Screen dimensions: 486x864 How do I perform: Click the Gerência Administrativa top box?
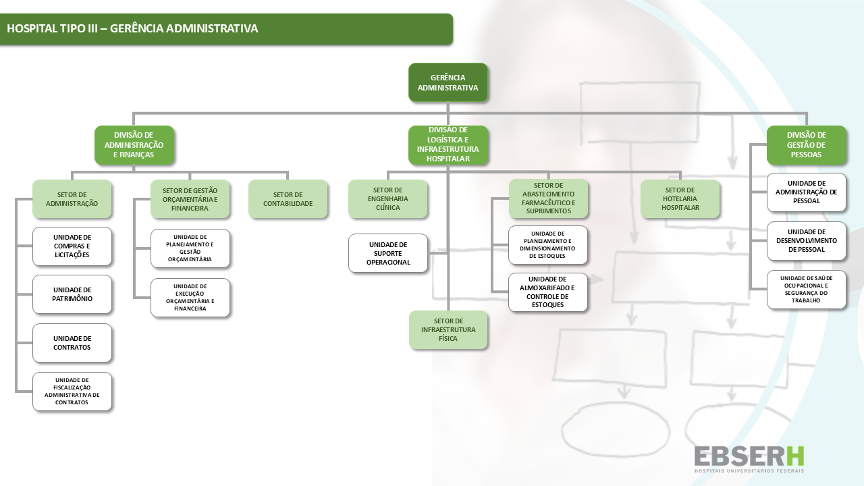coord(448,82)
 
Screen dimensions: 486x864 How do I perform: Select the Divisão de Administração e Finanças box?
coord(134,145)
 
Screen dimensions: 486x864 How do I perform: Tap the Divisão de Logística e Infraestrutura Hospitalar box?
coord(448,145)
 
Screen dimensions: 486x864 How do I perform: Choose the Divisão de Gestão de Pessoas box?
coord(807,145)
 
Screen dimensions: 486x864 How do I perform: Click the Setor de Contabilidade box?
coord(288,199)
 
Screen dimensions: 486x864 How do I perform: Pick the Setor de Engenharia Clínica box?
coord(388,199)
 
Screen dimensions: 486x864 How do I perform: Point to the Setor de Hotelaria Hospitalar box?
coord(680,199)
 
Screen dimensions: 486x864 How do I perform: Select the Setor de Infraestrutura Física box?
coord(448,330)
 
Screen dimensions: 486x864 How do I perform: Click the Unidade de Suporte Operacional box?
coord(388,253)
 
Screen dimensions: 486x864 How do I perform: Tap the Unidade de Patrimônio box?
coord(72,294)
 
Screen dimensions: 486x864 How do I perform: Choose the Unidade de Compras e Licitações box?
coord(72,246)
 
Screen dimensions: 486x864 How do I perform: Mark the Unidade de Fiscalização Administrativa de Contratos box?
coord(72,391)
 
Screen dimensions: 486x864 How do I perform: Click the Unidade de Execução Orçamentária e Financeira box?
coord(190,298)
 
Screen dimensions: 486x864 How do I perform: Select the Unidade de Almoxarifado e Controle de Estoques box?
coord(547,292)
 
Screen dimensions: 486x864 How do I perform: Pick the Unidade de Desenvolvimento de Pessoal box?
coord(807,241)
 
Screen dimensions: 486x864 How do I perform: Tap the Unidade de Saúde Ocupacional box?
coord(807,290)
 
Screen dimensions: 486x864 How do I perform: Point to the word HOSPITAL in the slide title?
coord(28,29)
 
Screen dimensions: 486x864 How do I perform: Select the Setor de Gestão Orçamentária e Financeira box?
coord(190,199)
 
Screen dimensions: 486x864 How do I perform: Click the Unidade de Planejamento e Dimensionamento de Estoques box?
coord(547,245)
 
